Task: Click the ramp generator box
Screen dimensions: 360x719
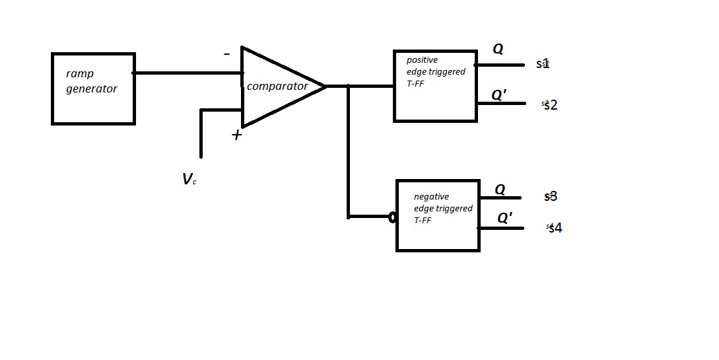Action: tap(93, 89)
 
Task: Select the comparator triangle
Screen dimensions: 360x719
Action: tap(277, 87)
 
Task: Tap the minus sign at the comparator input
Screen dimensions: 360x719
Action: tap(227, 54)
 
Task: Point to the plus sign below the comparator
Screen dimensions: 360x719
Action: tap(236, 135)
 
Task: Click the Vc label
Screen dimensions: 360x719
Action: tap(189, 179)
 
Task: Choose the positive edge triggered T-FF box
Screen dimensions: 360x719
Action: tap(435, 86)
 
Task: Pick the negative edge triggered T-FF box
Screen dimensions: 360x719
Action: tap(438, 215)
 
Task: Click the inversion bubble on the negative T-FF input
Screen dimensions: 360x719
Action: tap(392, 217)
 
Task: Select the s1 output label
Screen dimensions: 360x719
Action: tap(543, 64)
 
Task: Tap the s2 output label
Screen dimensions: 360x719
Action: tap(550, 105)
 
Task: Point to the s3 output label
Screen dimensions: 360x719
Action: tap(551, 196)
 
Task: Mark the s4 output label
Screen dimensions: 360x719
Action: tap(555, 228)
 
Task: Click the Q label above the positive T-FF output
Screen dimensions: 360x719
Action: tap(498, 49)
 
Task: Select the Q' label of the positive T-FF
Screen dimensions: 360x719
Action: tap(500, 95)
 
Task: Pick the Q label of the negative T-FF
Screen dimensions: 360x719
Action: tap(500, 190)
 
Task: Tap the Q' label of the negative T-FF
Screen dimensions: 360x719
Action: tap(504, 219)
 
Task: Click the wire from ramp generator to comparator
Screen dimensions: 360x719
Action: tap(188, 73)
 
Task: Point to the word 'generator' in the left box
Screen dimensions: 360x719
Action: tap(91, 89)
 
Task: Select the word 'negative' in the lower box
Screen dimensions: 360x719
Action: tap(431, 196)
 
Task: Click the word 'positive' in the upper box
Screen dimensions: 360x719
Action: tap(422, 60)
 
